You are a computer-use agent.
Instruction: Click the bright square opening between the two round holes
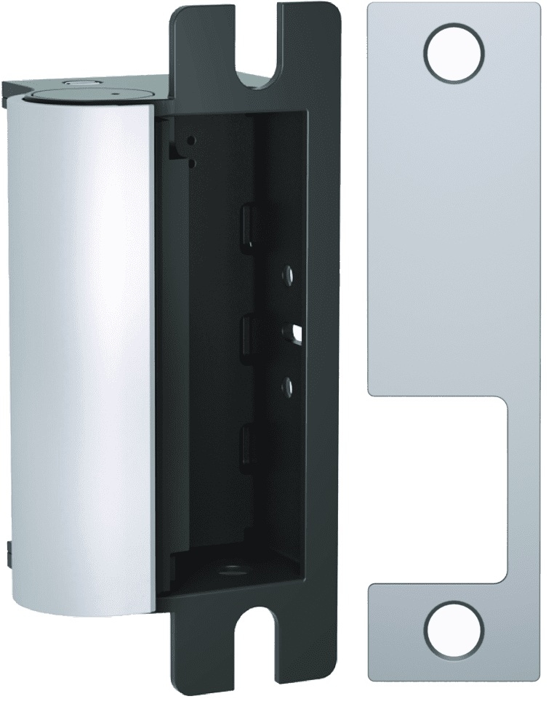pyautogui.click(x=297, y=332)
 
